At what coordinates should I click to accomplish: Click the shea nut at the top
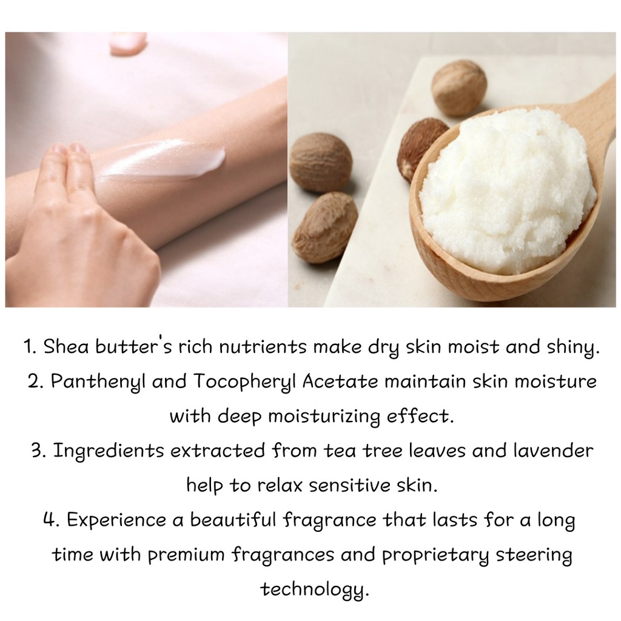[x=458, y=87]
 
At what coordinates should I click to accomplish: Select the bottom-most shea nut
[x=324, y=227]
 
